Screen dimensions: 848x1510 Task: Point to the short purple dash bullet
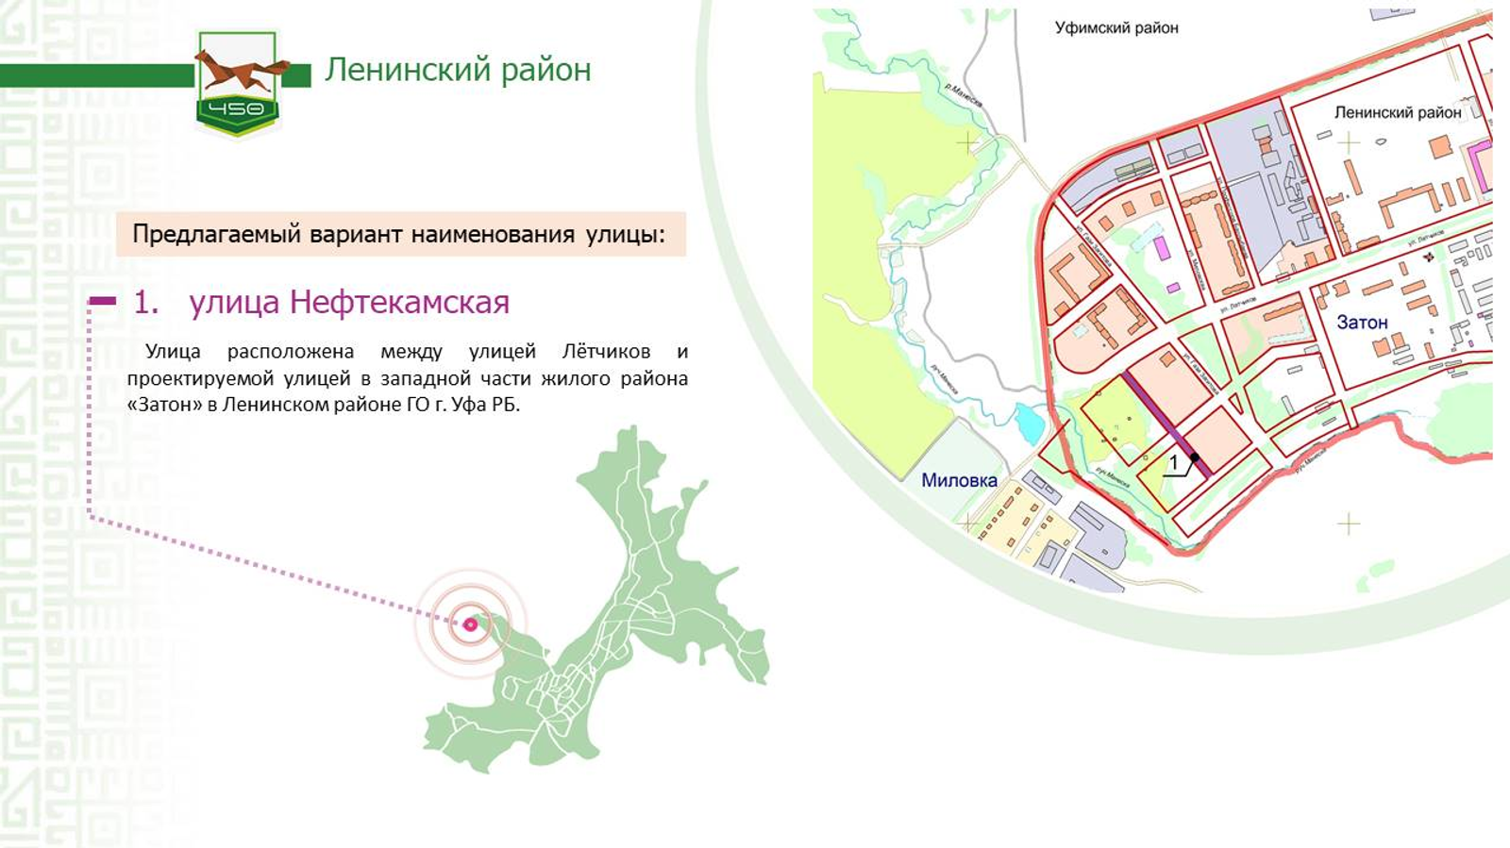point(102,302)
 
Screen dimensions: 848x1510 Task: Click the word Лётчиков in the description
point(606,352)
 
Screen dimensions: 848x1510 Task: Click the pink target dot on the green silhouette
point(470,624)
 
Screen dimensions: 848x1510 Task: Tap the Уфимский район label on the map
point(1116,28)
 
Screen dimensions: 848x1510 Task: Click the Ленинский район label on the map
point(1397,112)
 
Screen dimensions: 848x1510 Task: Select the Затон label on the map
point(1362,323)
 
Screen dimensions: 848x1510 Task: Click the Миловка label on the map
point(959,480)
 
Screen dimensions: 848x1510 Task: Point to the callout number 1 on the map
point(1174,463)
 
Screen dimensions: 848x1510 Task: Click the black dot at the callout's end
point(1195,457)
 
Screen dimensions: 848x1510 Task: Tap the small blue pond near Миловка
point(1029,422)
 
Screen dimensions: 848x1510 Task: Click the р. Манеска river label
point(963,95)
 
